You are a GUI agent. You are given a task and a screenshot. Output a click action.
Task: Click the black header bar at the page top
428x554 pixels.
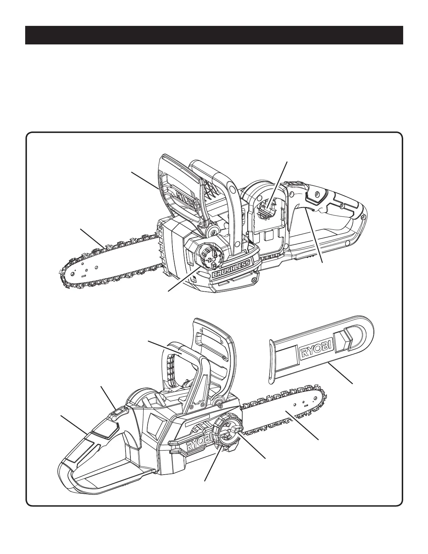click(x=214, y=35)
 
